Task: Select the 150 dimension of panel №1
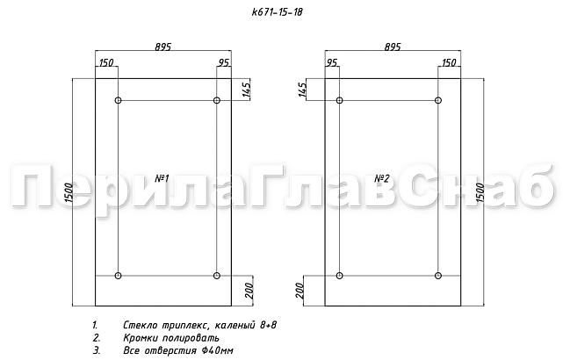[106, 63]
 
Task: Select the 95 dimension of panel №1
[223, 63]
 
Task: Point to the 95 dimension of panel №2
[332, 63]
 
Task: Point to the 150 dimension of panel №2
[449, 63]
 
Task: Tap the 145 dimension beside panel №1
[248, 89]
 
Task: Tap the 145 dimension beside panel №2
[304, 89]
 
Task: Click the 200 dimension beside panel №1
[248, 289]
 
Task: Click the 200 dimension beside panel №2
[300, 289]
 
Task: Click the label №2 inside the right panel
[382, 178]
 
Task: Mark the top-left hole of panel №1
[119, 101]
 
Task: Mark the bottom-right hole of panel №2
[438, 277]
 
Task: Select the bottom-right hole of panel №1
[217, 277]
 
